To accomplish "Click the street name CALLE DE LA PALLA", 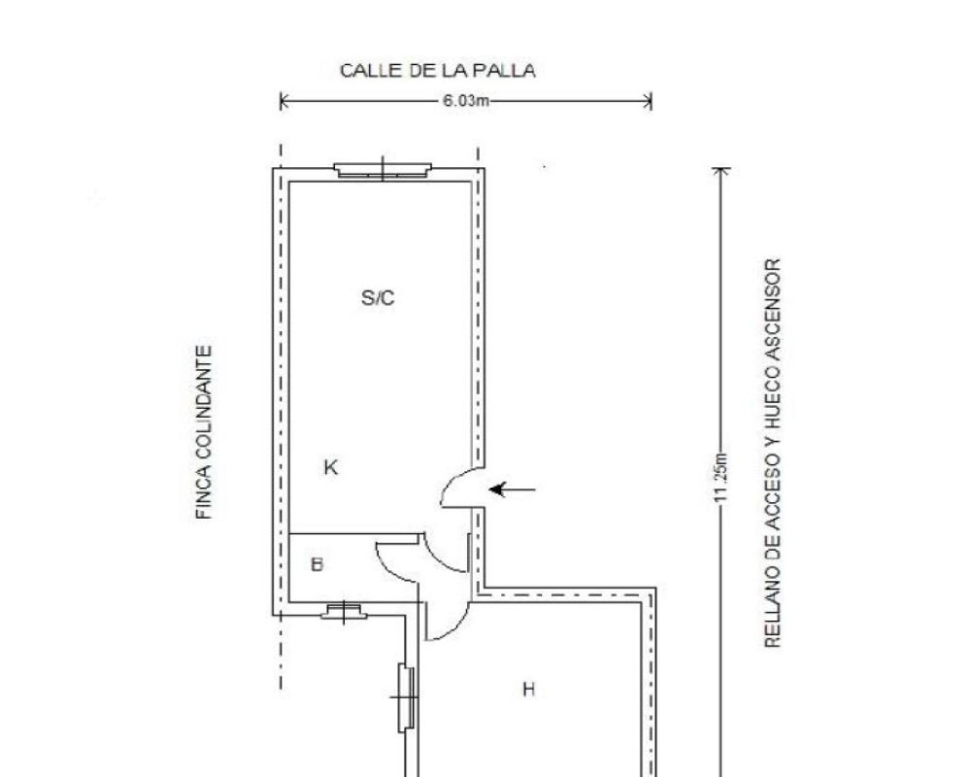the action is pyautogui.click(x=437, y=71).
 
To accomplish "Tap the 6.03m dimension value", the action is pyautogui.click(x=466, y=101).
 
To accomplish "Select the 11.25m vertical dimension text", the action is pyautogui.click(x=720, y=478).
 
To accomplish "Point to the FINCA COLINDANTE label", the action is pyautogui.click(x=204, y=432).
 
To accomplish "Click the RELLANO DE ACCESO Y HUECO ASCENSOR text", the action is pyautogui.click(x=772, y=454).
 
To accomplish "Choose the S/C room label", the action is pyautogui.click(x=378, y=298).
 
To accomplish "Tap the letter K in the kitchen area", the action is pyautogui.click(x=331, y=467).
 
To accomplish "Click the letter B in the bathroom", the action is pyautogui.click(x=318, y=564).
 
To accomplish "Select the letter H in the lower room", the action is pyautogui.click(x=528, y=689).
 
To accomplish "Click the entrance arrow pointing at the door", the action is pyautogui.click(x=512, y=490).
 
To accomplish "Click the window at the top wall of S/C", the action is pyautogui.click(x=383, y=170).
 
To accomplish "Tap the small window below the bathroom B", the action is pyautogui.click(x=344, y=612).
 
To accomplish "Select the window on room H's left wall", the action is pyautogui.click(x=406, y=697).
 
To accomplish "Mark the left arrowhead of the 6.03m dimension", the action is pyautogui.click(x=283, y=101).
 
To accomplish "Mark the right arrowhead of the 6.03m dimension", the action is pyautogui.click(x=648, y=101).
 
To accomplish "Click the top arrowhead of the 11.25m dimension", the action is pyautogui.click(x=720, y=170).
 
